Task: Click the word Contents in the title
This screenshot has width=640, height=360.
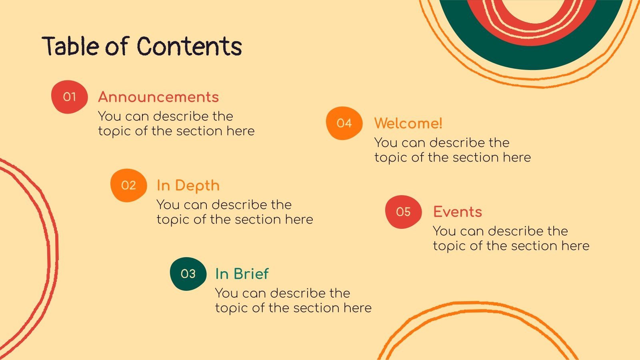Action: pyautogui.click(x=190, y=46)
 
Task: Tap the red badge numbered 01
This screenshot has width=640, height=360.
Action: pyautogui.click(x=69, y=97)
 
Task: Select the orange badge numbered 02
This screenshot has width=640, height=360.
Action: pyautogui.click(x=128, y=185)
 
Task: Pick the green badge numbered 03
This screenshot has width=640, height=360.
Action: pyautogui.click(x=188, y=274)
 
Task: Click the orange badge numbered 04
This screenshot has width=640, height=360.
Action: pyautogui.click(x=344, y=123)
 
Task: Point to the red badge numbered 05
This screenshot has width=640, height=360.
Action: pyautogui.click(x=403, y=212)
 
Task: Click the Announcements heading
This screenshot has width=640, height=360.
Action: pyautogui.click(x=158, y=97)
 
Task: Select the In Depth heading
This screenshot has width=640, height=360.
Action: pyautogui.click(x=188, y=186)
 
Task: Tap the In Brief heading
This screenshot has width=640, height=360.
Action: pyautogui.click(x=242, y=274)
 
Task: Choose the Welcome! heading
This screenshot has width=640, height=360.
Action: pyautogui.click(x=408, y=123)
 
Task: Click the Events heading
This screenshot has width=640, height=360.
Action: pyautogui.click(x=458, y=212)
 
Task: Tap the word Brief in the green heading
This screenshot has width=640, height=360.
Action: pyautogui.click(x=251, y=274)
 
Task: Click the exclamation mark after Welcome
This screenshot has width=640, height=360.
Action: pyautogui.click(x=440, y=123)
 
